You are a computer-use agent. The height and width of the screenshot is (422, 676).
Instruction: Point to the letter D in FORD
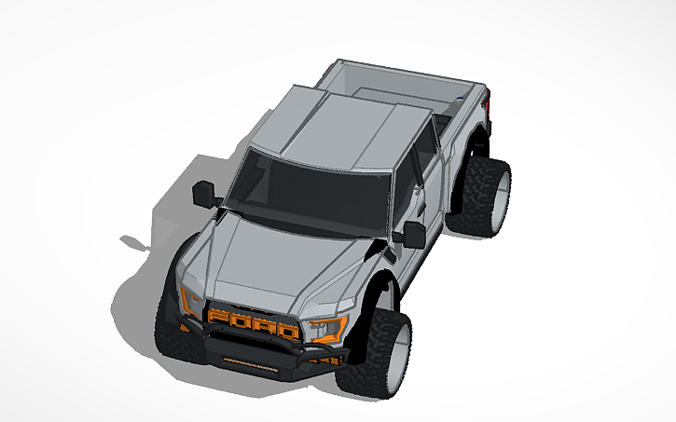[287, 331]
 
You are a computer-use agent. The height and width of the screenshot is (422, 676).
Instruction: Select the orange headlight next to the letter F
[191, 300]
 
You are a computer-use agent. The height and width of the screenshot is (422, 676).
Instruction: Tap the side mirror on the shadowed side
[204, 194]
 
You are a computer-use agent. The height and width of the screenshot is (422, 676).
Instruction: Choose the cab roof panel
[345, 130]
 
